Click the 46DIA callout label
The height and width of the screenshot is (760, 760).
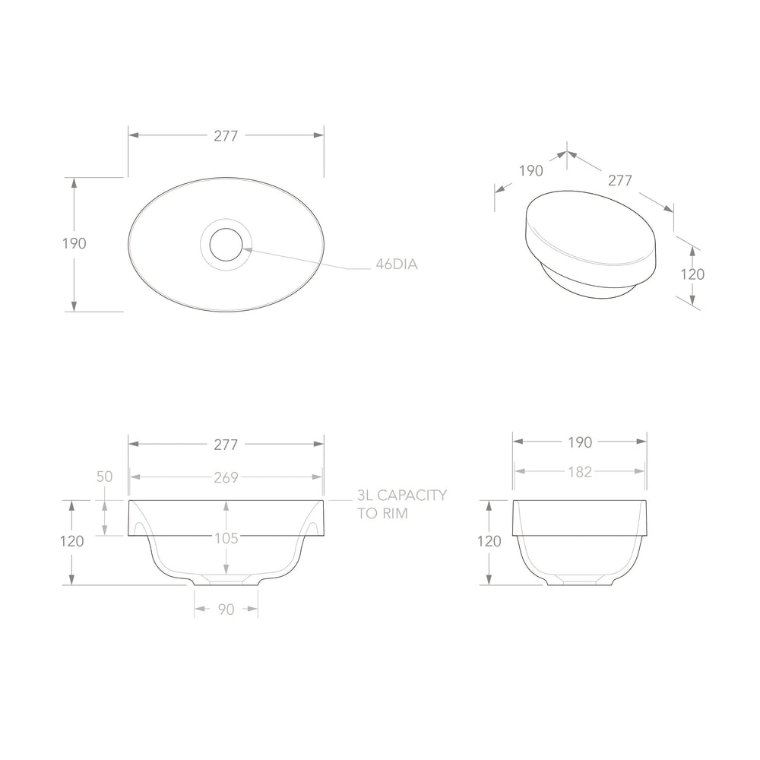click(397, 264)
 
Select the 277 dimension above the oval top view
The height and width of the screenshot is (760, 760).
click(226, 136)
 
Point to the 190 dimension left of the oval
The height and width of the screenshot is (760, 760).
click(74, 243)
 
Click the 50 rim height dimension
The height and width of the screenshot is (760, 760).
click(104, 477)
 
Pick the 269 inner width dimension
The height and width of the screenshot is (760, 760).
click(226, 477)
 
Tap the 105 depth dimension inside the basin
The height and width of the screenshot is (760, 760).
click(226, 539)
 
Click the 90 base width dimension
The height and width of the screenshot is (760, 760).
click(226, 610)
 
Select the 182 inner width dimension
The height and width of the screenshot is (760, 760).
click(580, 472)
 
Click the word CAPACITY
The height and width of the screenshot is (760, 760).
click(411, 496)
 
